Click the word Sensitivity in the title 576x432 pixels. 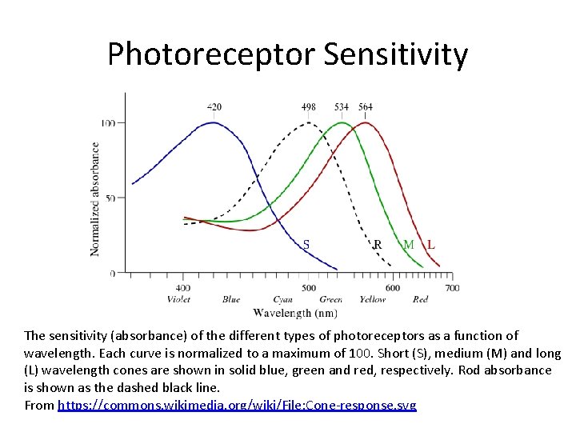(x=396, y=55)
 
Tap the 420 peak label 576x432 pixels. (x=214, y=106)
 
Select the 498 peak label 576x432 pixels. (x=309, y=106)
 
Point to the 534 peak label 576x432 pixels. (x=342, y=106)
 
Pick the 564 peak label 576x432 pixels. (x=366, y=106)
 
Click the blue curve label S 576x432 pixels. (x=306, y=244)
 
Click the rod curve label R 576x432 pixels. (x=378, y=244)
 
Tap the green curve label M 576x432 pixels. (x=409, y=244)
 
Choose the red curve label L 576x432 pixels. (x=431, y=244)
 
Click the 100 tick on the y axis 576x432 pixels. (x=107, y=122)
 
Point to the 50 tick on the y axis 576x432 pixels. (x=110, y=198)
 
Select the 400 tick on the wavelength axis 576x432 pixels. (x=183, y=288)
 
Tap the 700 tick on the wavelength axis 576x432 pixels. (x=452, y=288)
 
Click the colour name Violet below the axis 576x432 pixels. (x=178, y=299)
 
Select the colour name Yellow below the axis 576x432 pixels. (x=373, y=299)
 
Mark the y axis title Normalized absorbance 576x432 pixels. (x=95, y=199)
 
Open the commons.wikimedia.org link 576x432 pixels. (x=237, y=405)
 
